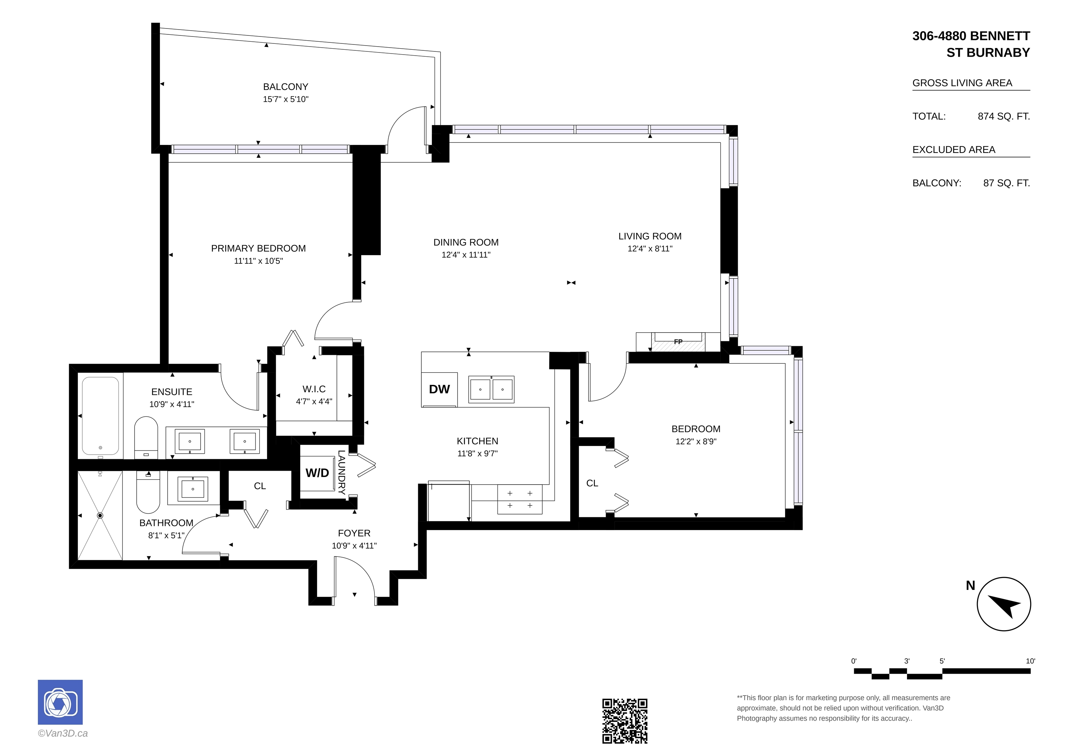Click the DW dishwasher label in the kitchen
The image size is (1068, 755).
[x=439, y=389]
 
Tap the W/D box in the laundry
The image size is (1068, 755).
[x=317, y=473]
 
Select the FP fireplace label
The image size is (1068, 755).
[x=678, y=342]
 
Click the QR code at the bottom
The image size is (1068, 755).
[x=625, y=721]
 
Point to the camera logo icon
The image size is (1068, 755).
[x=60, y=702]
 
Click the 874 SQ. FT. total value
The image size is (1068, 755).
[x=1004, y=116]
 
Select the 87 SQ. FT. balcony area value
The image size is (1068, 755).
[x=1006, y=183]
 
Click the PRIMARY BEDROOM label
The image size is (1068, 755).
[x=258, y=249]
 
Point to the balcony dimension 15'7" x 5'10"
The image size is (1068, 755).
[x=286, y=99]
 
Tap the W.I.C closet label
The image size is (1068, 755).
[x=314, y=389]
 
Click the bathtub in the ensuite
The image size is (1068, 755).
[x=100, y=415]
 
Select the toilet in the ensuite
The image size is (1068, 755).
[x=146, y=438]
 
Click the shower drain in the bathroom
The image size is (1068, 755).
[x=100, y=515]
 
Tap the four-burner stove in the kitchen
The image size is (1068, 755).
[x=520, y=499]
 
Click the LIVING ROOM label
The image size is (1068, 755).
[x=650, y=236]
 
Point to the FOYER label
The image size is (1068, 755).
[x=354, y=533]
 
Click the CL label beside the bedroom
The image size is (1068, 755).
[x=592, y=483]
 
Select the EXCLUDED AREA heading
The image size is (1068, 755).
[x=954, y=150]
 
